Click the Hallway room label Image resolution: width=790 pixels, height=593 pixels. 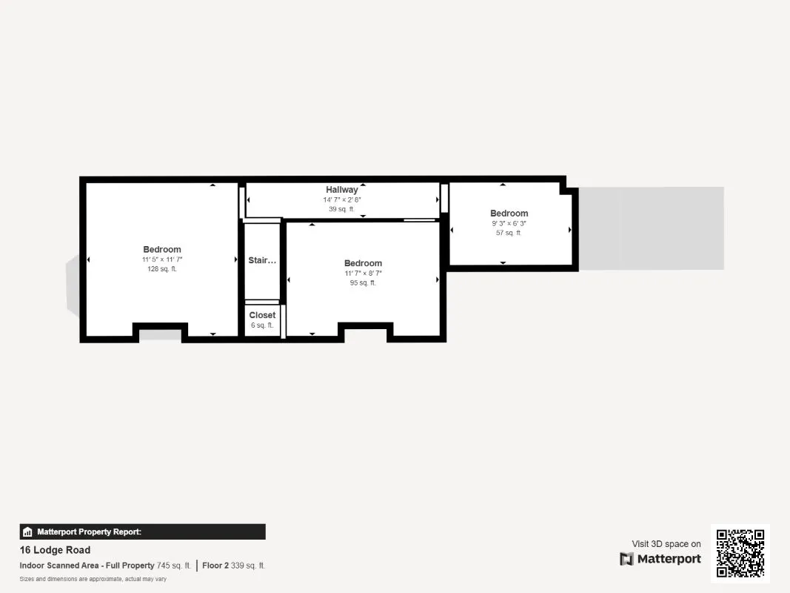(341, 190)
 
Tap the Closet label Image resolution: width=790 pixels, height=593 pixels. (262, 315)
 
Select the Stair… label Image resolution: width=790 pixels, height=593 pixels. (262, 260)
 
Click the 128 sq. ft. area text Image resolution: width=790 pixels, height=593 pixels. (161, 269)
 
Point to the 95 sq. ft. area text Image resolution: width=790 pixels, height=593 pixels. (363, 283)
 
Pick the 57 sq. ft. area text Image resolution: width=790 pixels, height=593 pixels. (509, 233)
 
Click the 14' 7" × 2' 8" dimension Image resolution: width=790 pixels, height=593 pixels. (341, 199)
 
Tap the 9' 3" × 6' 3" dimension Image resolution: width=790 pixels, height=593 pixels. (509, 223)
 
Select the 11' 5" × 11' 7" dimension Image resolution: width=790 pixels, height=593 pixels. (161, 259)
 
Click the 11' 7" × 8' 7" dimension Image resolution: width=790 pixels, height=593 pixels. (363, 274)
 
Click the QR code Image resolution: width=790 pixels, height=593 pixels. (740, 553)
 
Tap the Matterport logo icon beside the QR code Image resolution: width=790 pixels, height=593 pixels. (626, 559)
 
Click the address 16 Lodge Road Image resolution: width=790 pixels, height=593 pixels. (55, 550)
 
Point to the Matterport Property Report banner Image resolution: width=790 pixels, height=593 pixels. (143, 531)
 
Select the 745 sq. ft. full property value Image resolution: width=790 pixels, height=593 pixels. (174, 566)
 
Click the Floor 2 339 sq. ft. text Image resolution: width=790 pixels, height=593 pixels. (234, 566)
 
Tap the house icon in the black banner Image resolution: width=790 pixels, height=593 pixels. (27, 531)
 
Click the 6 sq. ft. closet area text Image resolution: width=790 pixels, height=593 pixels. (262, 325)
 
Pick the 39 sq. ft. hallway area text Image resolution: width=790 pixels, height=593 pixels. (341, 209)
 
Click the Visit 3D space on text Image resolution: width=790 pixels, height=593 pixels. (666, 544)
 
